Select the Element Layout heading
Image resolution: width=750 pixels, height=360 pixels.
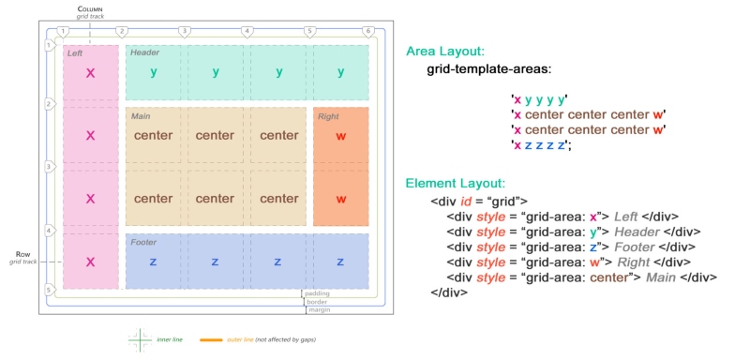click(456, 184)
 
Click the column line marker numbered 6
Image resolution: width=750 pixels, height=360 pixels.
click(367, 32)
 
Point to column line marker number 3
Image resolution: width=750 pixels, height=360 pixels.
click(185, 32)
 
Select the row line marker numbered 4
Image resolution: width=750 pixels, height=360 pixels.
click(49, 230)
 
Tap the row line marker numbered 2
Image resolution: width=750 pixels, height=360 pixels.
click(49, 104)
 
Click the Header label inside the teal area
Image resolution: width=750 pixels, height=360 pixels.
click(144, 52)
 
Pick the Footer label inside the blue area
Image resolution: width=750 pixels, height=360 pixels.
click(143, 241)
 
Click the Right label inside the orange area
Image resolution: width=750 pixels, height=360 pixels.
click(328, 116)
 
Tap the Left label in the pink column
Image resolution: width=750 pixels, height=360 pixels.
click(75, 53)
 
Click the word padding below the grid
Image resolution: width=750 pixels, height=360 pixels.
click(318, 293)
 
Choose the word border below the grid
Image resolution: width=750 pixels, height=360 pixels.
click(318, 303)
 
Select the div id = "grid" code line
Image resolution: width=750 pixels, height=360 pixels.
click(479, 201)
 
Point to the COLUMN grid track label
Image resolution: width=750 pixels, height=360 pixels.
click(90, 12)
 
